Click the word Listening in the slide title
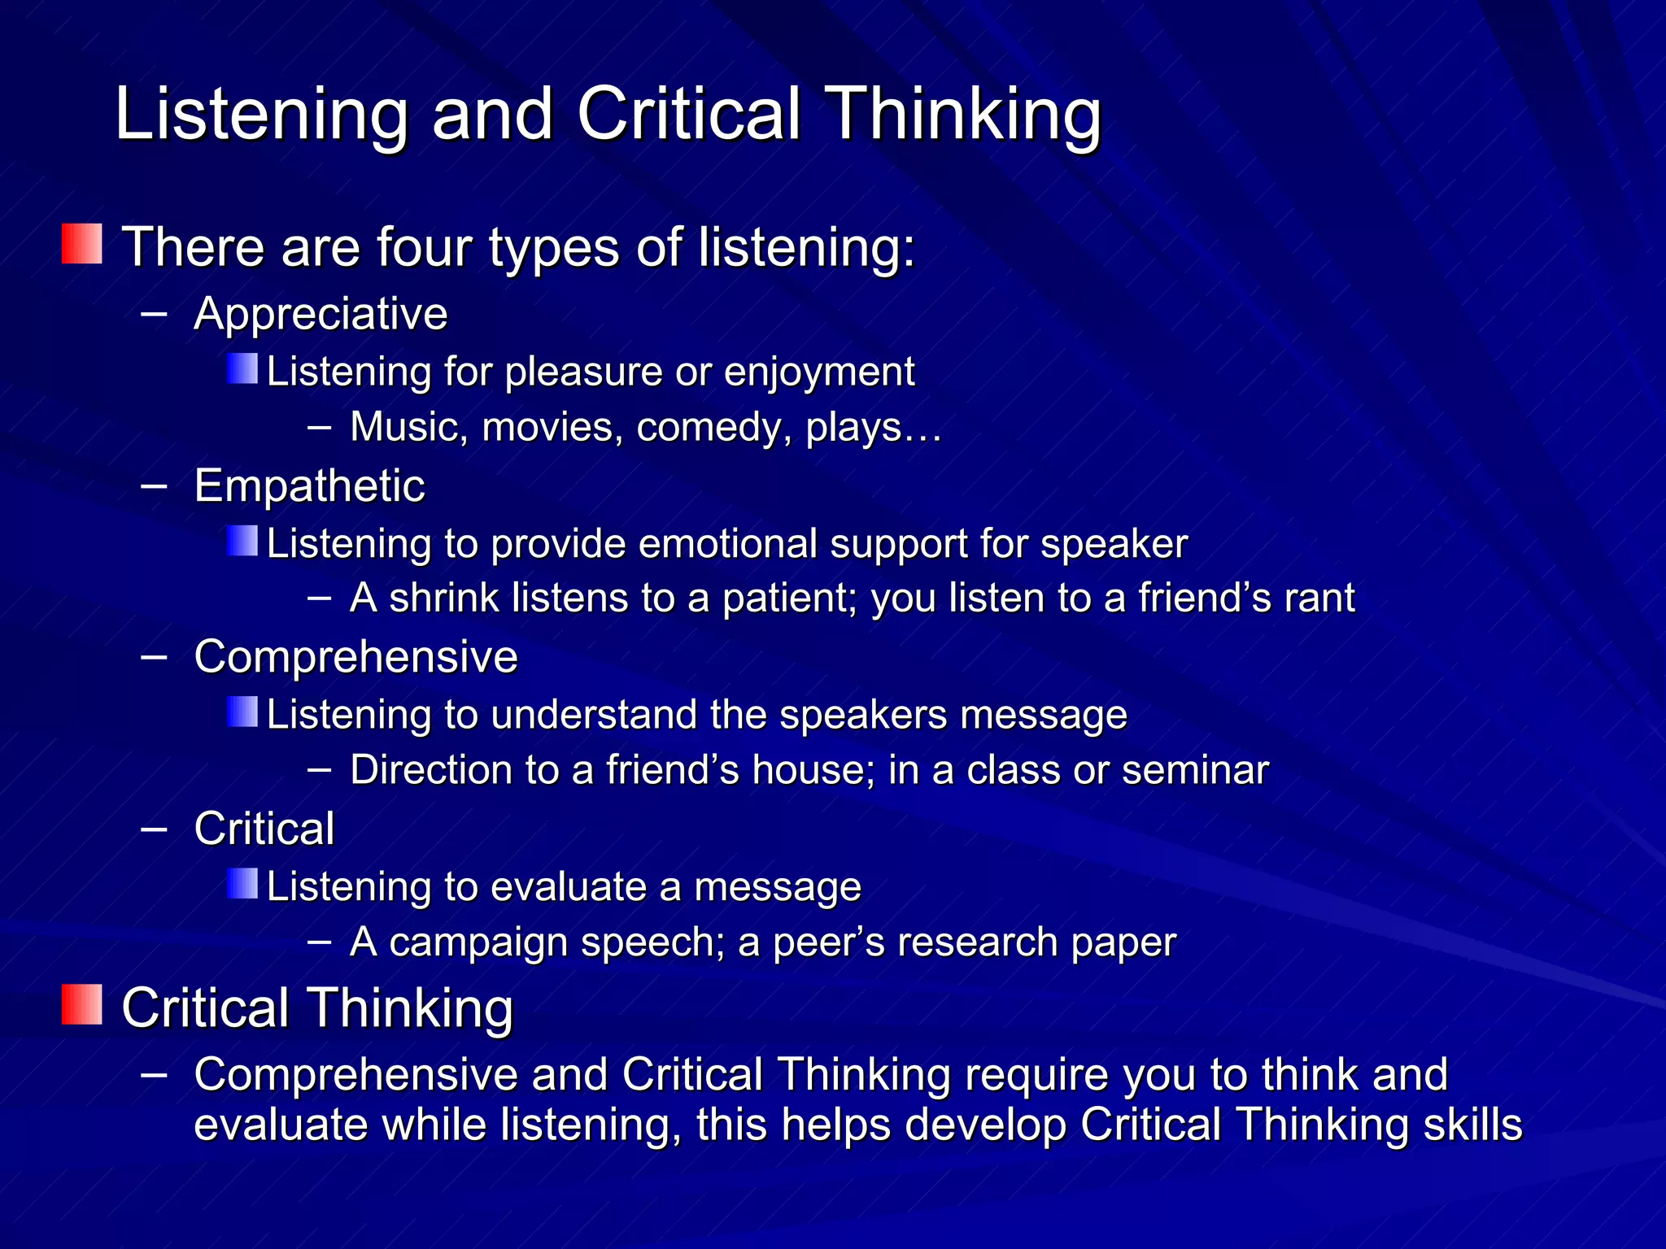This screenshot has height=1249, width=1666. [261, 115]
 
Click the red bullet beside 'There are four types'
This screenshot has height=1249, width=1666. [82, 244]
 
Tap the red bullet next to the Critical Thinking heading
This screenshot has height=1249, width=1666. [82, 1004]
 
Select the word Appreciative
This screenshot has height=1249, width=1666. [321, 314]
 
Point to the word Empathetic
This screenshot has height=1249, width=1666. [309, 486]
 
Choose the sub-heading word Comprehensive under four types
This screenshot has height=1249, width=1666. [355, 657]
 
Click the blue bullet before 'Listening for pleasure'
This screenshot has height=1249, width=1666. [242, 368]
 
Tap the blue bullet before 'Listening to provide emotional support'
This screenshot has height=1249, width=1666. [242, 541]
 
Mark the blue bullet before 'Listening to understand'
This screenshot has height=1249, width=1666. [242, 712]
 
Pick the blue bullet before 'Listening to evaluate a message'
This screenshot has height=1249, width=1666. [242, 883]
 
